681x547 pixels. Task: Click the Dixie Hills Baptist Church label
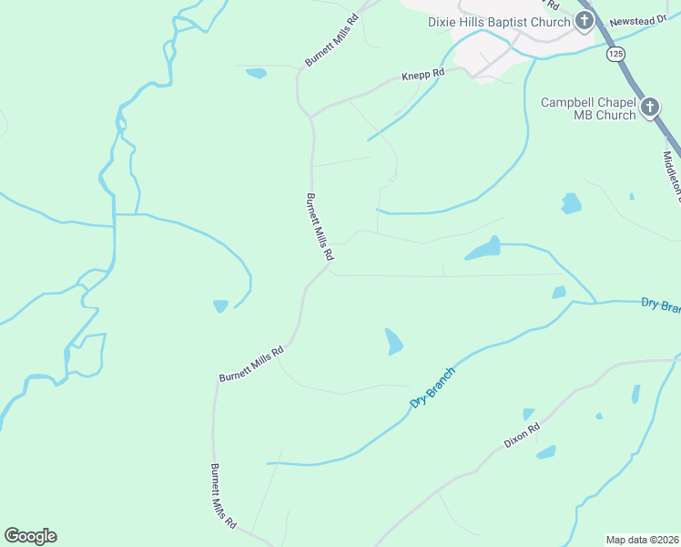(500, 22)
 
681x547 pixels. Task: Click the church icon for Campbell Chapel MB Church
(650, 108)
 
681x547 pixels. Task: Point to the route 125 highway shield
(616, 55)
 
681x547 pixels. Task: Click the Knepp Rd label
(422, 74)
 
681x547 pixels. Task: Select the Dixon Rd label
(523, 435)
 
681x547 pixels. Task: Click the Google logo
(30, 536)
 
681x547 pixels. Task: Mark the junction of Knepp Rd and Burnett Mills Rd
(311, 116)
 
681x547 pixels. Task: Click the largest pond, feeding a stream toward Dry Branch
(483, 248)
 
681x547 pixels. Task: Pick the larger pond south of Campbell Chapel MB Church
(571, 203)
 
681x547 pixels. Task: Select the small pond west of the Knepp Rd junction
(257, 73)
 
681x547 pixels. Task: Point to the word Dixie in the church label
(443, 22)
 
